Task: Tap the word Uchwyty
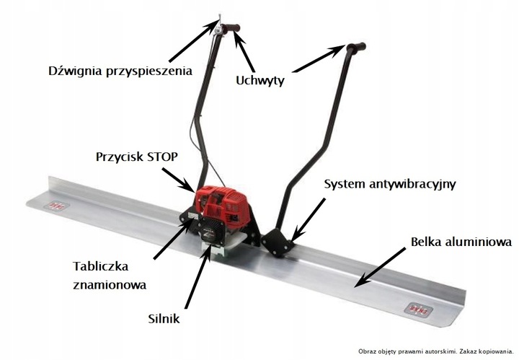(x=261, y=81)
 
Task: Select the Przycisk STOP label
(x=136, y=156)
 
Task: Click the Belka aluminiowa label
(x=461, y=242)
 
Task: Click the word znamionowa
(x=110, y=284)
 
